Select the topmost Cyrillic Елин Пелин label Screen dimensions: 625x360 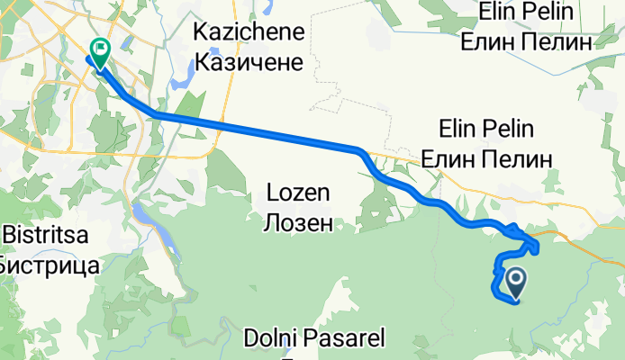(x=526, y=41)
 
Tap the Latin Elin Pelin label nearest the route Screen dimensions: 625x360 (x=494, y=128)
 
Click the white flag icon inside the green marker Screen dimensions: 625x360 (x=100, y=50)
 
